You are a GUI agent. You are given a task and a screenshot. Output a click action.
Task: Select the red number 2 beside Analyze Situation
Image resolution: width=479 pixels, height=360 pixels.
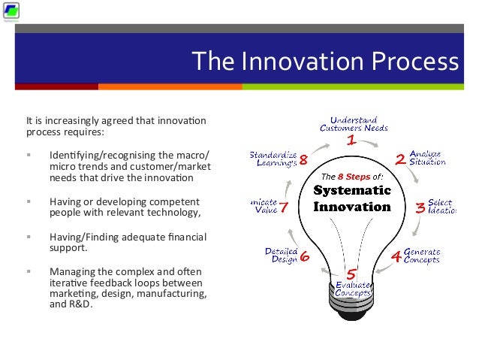401,159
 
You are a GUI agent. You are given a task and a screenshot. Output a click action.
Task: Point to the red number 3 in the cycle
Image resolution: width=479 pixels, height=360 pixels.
420,208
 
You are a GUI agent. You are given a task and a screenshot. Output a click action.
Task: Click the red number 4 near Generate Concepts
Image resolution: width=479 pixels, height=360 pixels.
396,256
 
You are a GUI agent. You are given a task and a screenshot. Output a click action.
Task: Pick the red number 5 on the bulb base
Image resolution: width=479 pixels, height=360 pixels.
351,274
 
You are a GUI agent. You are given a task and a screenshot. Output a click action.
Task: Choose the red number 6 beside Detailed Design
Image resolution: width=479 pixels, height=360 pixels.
305,256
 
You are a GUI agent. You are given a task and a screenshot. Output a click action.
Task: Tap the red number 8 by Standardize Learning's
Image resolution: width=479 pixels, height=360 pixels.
303,159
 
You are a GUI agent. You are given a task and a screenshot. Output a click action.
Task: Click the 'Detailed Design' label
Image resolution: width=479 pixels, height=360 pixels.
281,255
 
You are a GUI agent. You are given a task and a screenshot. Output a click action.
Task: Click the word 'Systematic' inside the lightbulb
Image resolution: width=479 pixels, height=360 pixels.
352,190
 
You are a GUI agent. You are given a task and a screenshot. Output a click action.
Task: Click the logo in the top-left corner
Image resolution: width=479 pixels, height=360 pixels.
11,11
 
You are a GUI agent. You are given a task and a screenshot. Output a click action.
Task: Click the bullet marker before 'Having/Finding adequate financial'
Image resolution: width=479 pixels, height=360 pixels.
29,237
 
